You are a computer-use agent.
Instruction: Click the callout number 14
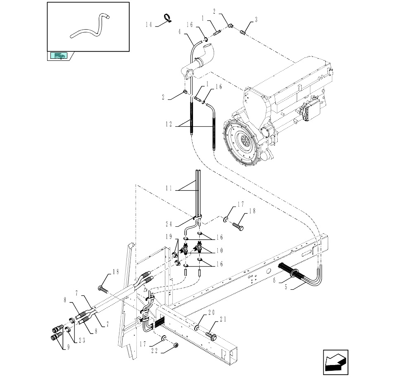pos(149,24)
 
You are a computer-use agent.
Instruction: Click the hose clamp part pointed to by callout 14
pos(167,17)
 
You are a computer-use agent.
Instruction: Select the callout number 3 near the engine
pos(256,19)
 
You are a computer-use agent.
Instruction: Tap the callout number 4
pos(180,32)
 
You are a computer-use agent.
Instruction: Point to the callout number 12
pos(169,124)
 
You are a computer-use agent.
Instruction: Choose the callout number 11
pos(169,188)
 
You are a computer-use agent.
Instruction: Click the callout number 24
pos(169,224)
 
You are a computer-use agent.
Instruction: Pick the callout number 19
pos(169,237)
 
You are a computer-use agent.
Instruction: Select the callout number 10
pos(219,250)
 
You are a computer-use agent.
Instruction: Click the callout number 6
pos(274,281)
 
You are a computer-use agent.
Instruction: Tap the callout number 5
pos(286,287)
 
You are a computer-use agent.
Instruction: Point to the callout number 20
pos(211,312)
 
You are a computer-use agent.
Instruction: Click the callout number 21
pos(223,319)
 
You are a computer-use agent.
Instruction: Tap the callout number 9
pos(69,347)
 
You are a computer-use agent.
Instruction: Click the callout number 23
pos(82,340)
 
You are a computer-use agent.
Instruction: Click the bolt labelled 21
pos(210,336)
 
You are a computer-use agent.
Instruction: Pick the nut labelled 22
pos(176,345)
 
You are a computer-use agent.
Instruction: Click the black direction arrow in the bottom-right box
pos(336,363)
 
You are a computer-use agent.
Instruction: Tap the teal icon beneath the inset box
pos(59,56)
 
